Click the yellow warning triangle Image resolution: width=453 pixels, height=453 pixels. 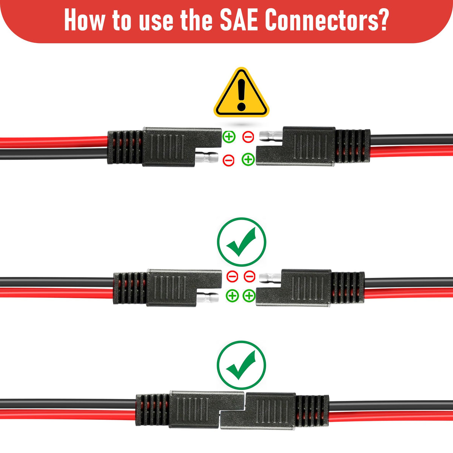(x=242, y=94)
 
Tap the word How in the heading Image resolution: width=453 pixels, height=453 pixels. (x=84, y=20)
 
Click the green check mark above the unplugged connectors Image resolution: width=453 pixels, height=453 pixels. (x=242, y=242)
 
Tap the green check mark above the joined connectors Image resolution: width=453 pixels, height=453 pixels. (x=242, y=365)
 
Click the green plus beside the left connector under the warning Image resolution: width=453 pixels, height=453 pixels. (x=229, y=137)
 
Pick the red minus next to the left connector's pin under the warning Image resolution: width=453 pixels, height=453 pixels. (x=228, y=160)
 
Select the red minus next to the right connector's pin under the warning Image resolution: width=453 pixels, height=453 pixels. (x=248, y=137)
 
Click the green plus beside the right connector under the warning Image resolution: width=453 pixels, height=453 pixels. (x=248, y=159)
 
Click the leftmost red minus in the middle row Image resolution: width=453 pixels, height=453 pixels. (x=232, y=276)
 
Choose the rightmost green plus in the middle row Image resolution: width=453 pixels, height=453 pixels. (x=249, y=296)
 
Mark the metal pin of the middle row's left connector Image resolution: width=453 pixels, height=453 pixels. (x=207, y=297)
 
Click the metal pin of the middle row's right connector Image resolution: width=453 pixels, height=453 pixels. (x=270, y=277)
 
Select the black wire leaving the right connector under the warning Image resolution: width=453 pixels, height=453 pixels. (x=411, y=140)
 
